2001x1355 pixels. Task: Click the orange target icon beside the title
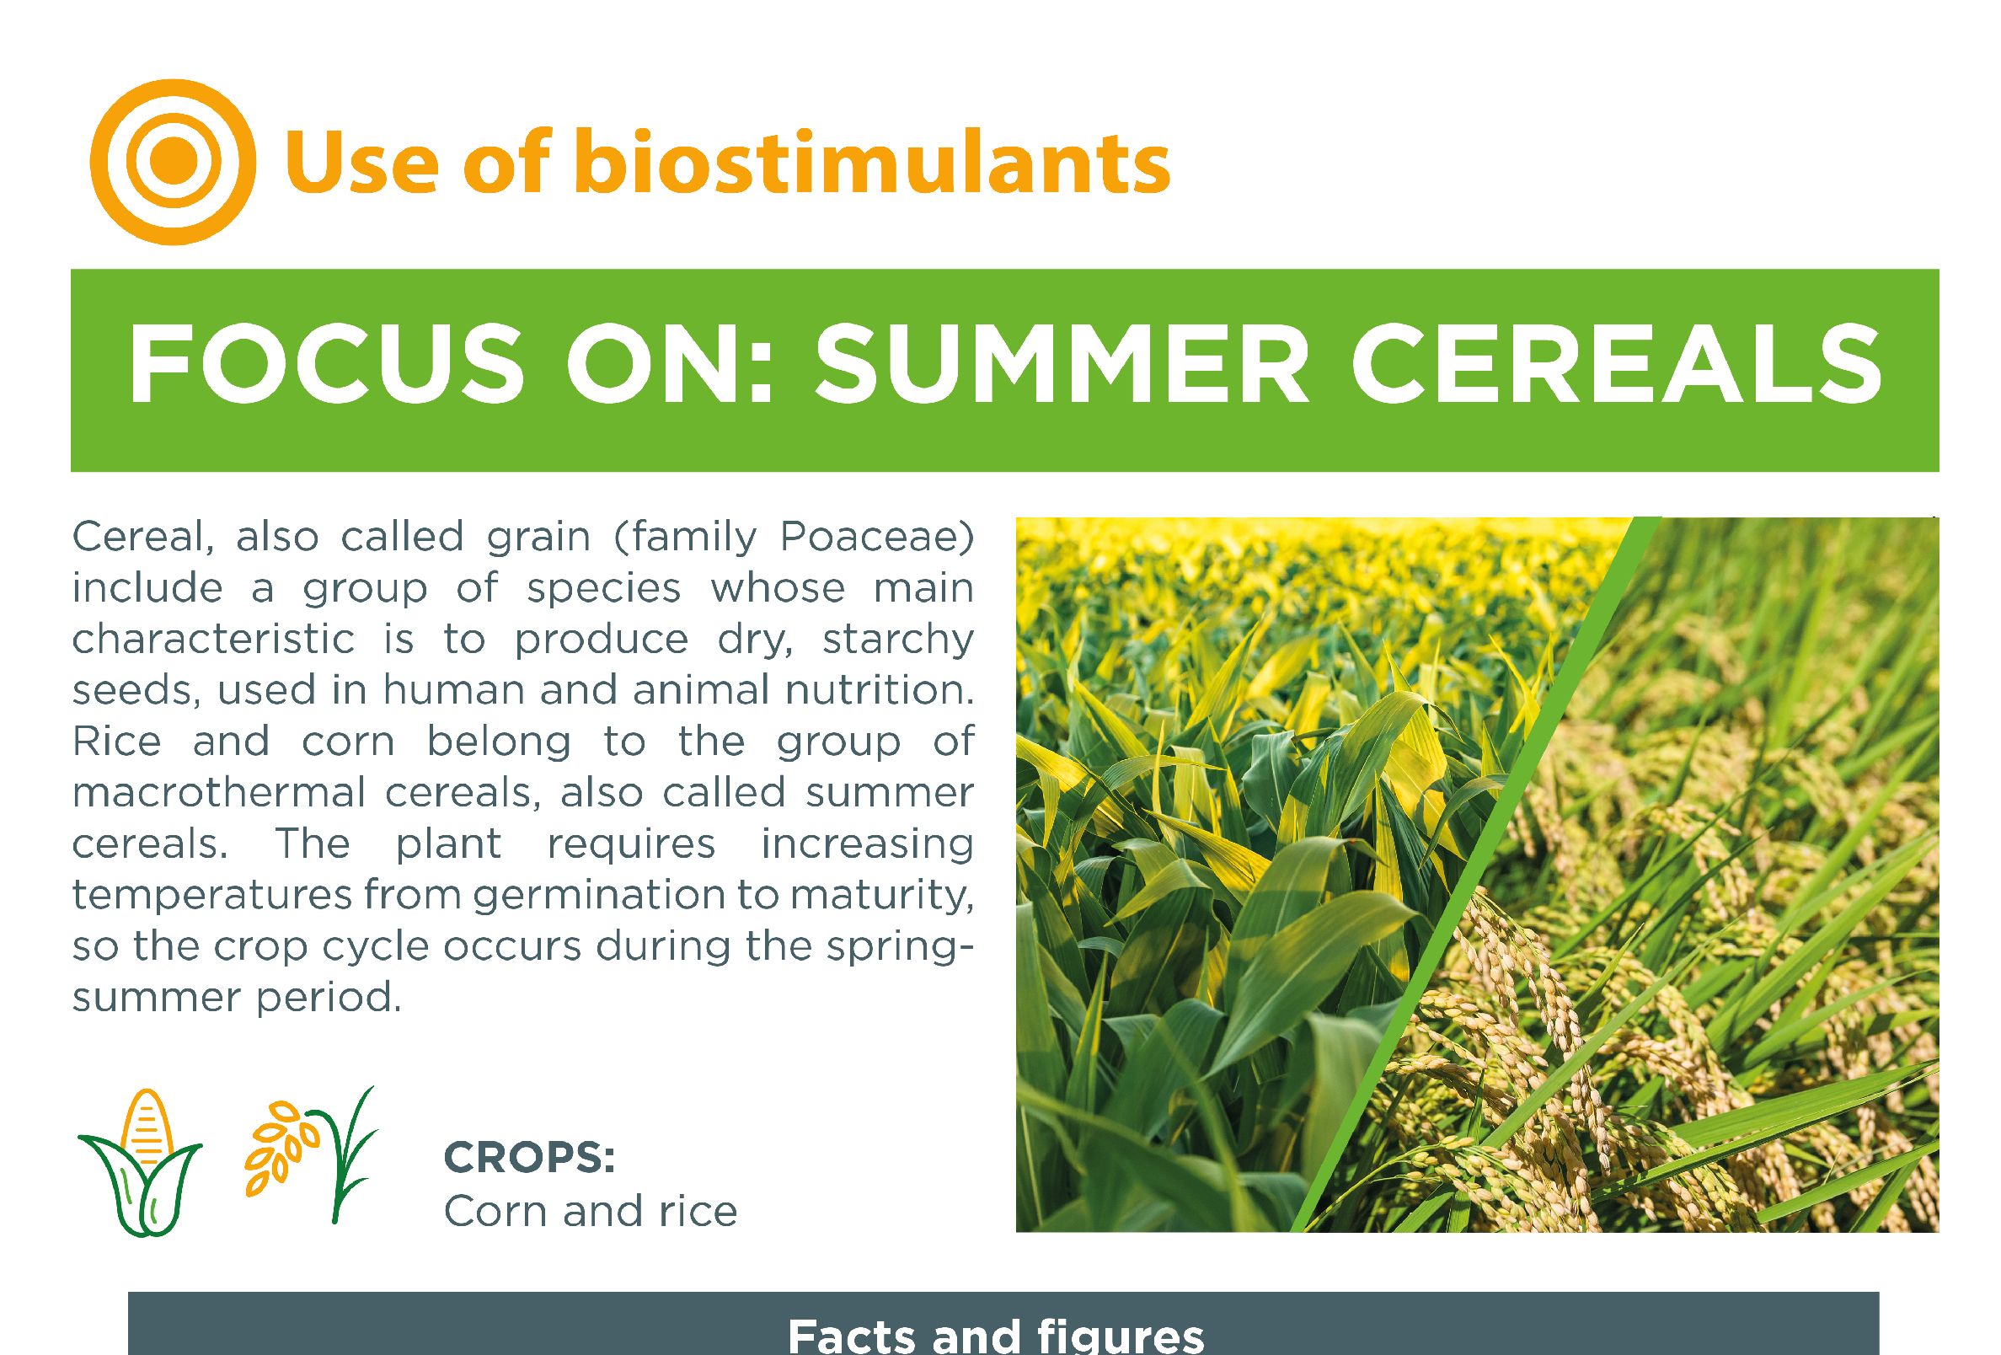tap(172, 161)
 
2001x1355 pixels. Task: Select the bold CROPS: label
tap(529, 1160)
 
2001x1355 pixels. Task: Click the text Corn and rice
tap(591, 1211)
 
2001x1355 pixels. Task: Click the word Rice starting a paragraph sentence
tap(117, 742)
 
